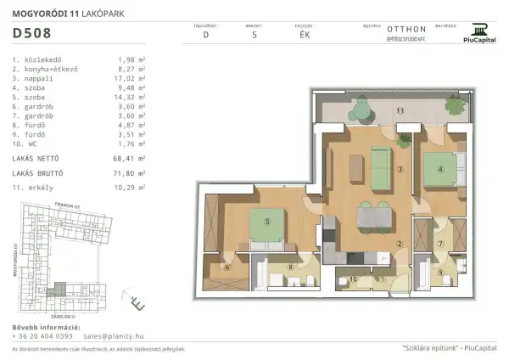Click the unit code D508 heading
click(31, 34)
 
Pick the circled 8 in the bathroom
click(291, 267)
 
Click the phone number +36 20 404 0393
click(42, 336)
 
